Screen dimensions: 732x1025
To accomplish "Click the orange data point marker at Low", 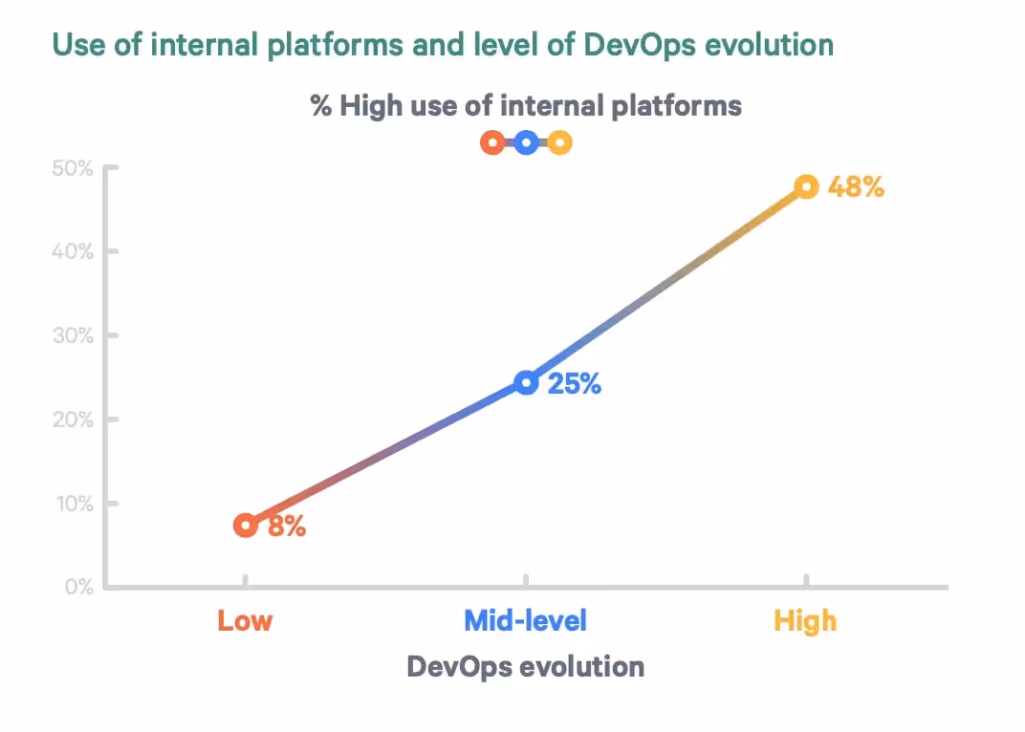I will coord(246,525).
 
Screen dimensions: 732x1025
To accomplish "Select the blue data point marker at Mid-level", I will coord(526,383).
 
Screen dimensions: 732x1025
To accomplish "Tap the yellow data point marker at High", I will coord(807,186).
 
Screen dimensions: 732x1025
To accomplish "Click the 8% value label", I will coord(287,526).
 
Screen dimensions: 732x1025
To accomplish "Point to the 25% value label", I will coord(575,384).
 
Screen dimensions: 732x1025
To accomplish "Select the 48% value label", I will coord(856,186).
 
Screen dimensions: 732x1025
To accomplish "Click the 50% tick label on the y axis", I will coord(72,169).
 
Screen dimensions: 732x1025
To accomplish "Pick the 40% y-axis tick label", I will coord(72,252).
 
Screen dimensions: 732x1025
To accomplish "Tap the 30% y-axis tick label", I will coord(72,336).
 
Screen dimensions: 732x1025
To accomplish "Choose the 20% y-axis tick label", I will coord(72,420).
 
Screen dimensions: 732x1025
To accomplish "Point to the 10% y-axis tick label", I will coord(73,504).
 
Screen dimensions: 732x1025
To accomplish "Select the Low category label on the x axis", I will coord(245,621).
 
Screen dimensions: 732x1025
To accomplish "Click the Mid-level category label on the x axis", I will coord(525,621).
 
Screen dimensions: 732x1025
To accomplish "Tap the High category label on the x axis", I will coord(805,621).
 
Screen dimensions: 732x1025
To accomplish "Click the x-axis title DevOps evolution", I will coord(525,666).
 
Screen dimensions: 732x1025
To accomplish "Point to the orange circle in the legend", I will coord(492,143).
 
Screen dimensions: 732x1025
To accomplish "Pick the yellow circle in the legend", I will coord(560,143).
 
